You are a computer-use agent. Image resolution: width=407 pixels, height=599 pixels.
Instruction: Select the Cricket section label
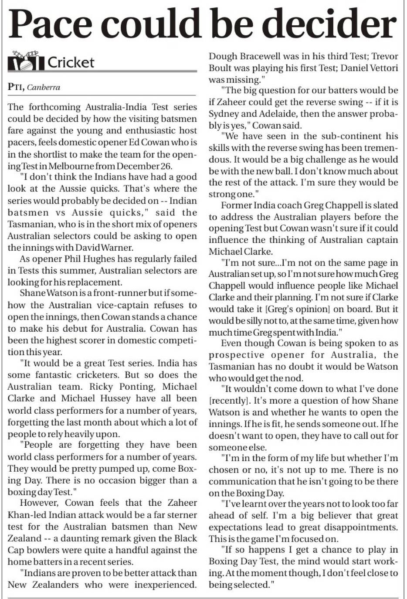click(71, 62)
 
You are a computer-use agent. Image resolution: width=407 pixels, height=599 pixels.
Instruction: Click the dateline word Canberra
click(44, 87)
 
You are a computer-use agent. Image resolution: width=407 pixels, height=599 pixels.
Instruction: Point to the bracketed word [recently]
click(227, 401)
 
